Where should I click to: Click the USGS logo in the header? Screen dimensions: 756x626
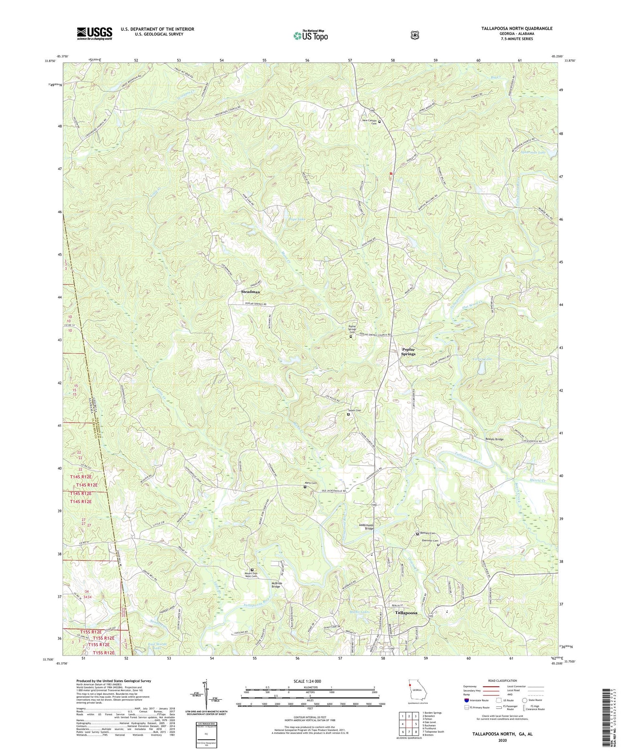tap(94, 33)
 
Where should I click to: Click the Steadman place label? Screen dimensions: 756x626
tap(250, 292)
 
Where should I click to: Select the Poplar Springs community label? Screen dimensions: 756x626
tap(408, 352)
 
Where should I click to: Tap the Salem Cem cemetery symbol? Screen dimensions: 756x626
tap(348, 414)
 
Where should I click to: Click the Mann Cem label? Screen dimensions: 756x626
tap(311, 483)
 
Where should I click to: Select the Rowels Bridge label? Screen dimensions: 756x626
tap(494, 439)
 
